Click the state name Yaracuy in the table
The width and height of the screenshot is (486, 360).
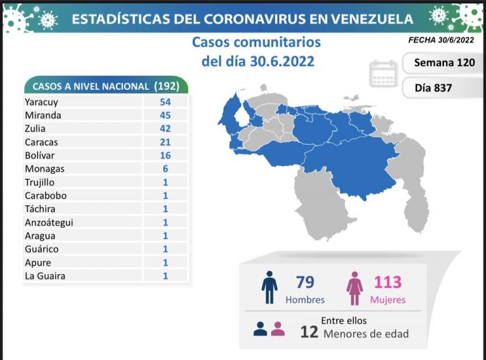[41, 101]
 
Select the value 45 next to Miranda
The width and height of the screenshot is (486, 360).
[165, 115]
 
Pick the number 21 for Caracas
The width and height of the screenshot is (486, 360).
[165, 142]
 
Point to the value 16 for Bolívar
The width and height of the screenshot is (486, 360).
[165, 155]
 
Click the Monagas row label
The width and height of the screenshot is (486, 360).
[44, 169]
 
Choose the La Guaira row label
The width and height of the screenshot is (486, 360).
[45, 276]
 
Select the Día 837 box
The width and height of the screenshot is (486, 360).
[433, 88]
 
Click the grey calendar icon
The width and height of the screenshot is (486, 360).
[383, 75]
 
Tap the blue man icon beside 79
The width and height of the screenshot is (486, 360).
[270, 288]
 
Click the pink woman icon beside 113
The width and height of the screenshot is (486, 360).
[354, 288]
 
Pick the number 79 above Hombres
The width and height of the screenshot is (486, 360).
[304, 282]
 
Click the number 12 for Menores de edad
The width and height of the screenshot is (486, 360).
[309, 332]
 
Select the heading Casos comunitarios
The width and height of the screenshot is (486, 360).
[256, 43]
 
